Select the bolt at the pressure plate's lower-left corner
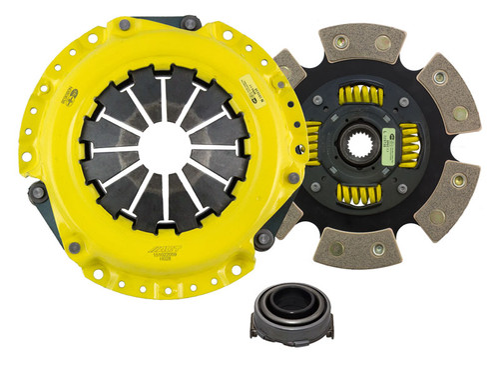click(76, 246)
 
